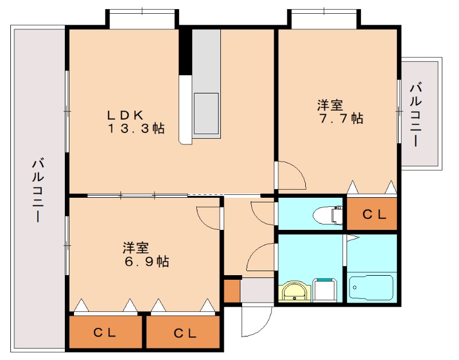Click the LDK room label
click(x=127, y=113)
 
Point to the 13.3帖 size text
click(x=137, y=128)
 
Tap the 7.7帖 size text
click(x=340, y=119)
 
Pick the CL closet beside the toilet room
click(x=372, y=214)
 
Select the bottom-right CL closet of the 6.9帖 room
click(x=184, y=332)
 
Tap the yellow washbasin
click(x=295, y=292)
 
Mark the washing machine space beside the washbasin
click(x=326, y=289)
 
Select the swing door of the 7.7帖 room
click(x=291, y=175)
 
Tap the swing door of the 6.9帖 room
click(x=209, y=217)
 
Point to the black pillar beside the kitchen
click(x=185, y=52)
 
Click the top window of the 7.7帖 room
click(x=324, y=19)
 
